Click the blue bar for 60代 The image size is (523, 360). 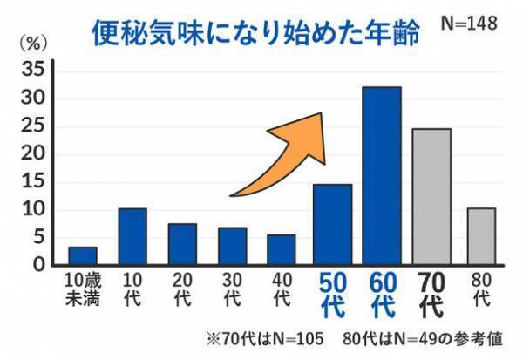tap(382, 175)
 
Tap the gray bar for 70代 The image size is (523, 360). tap(431, 196)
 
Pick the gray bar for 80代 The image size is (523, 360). tap(481, 235)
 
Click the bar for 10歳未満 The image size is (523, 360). tap(83, 255)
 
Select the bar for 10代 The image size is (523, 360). tap(132, 235)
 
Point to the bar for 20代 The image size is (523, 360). tap(182, 243)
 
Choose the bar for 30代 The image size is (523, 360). tap(232, 246)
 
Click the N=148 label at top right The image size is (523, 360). tap(468, 24)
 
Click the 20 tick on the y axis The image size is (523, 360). tap(31, 154)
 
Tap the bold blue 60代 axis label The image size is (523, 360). tap(382, 295)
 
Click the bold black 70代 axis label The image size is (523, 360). tap(431, 295)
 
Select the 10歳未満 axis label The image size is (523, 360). tap(83, 290)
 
